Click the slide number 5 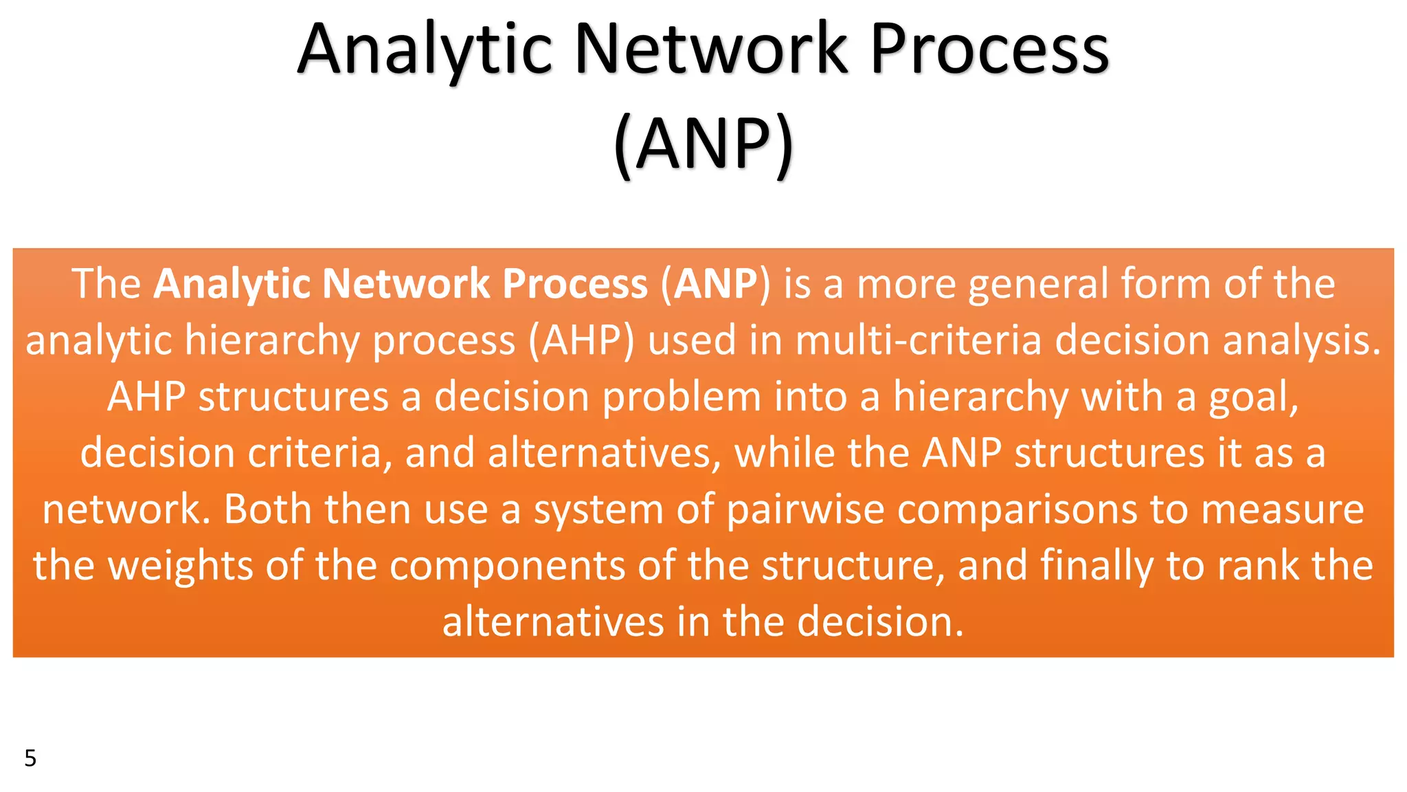click(x=30, y=758)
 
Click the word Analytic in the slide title click(x=425, y=49)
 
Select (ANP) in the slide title click(x=703, y=144)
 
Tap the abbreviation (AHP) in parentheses click(x=581, y=342)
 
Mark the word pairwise click(x=804, y=511)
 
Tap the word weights click(x=181, y=567)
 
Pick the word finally click(x=1096, y=567)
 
